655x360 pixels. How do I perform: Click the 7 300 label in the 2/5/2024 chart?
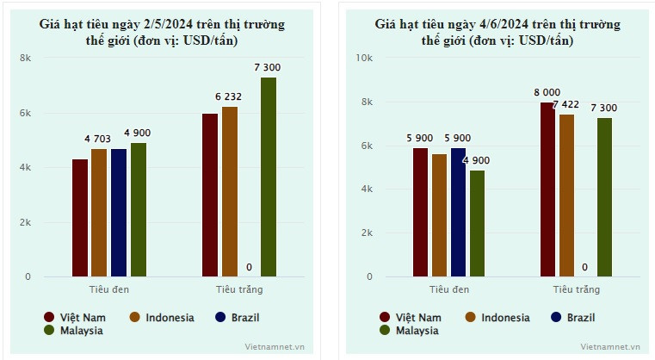point(268,67)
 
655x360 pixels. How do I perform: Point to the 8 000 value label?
point(547,92)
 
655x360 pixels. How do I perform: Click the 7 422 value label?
point(566,104)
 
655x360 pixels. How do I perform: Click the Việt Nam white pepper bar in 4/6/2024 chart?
point(547,189)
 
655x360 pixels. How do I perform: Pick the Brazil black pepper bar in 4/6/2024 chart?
point(458,212)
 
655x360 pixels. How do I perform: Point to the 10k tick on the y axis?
point(364,58)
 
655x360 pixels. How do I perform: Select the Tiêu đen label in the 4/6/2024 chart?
point(448,289)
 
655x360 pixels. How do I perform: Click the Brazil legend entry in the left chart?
point(244,317)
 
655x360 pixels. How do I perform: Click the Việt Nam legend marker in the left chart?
point(50,317)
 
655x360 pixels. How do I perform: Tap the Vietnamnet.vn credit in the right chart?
point(611,346)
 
